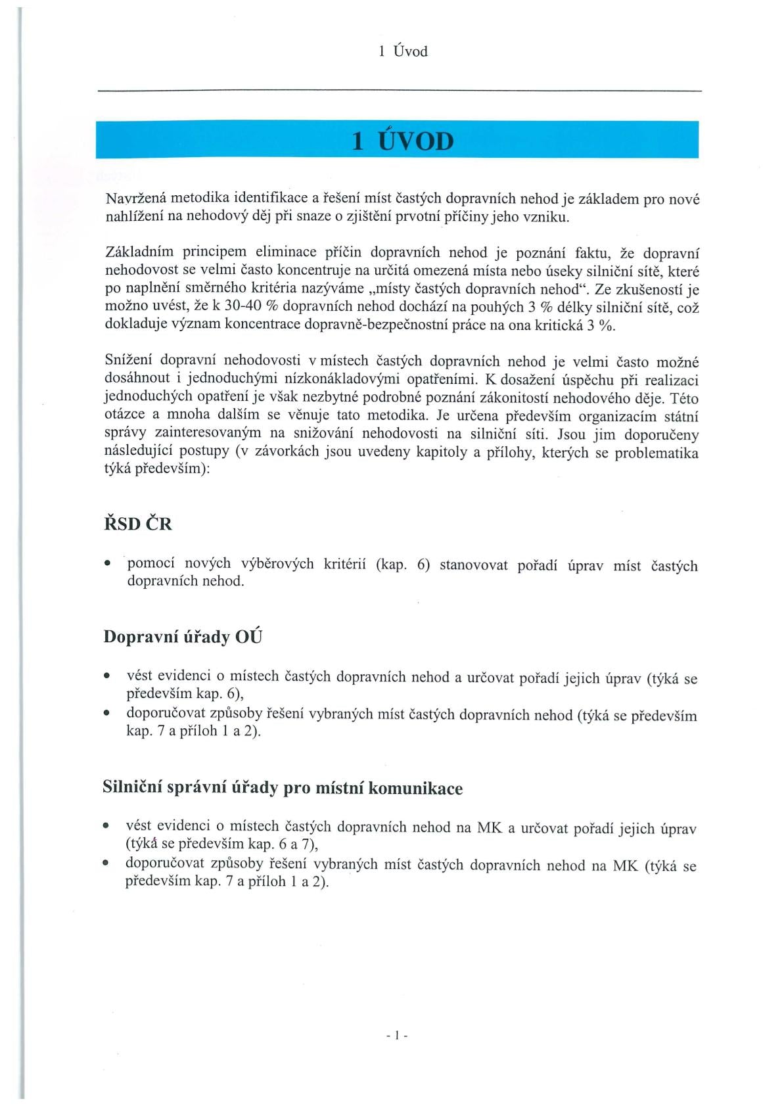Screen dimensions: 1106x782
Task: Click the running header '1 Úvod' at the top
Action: coord(403,51)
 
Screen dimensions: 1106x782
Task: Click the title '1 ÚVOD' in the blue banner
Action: coord(403,141)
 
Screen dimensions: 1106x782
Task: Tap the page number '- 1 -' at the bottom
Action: coord(398,1036)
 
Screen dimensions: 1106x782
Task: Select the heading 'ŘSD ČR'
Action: coord(138,524)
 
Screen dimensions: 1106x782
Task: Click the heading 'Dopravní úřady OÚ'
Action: coord(183,637)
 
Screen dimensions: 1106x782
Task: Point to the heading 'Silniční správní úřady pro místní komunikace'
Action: coord(283,788)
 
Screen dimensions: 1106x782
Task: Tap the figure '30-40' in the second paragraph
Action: coord(244,306)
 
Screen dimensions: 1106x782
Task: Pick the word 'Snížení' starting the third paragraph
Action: coord(129,361)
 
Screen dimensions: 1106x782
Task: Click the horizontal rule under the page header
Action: coord(400,91)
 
